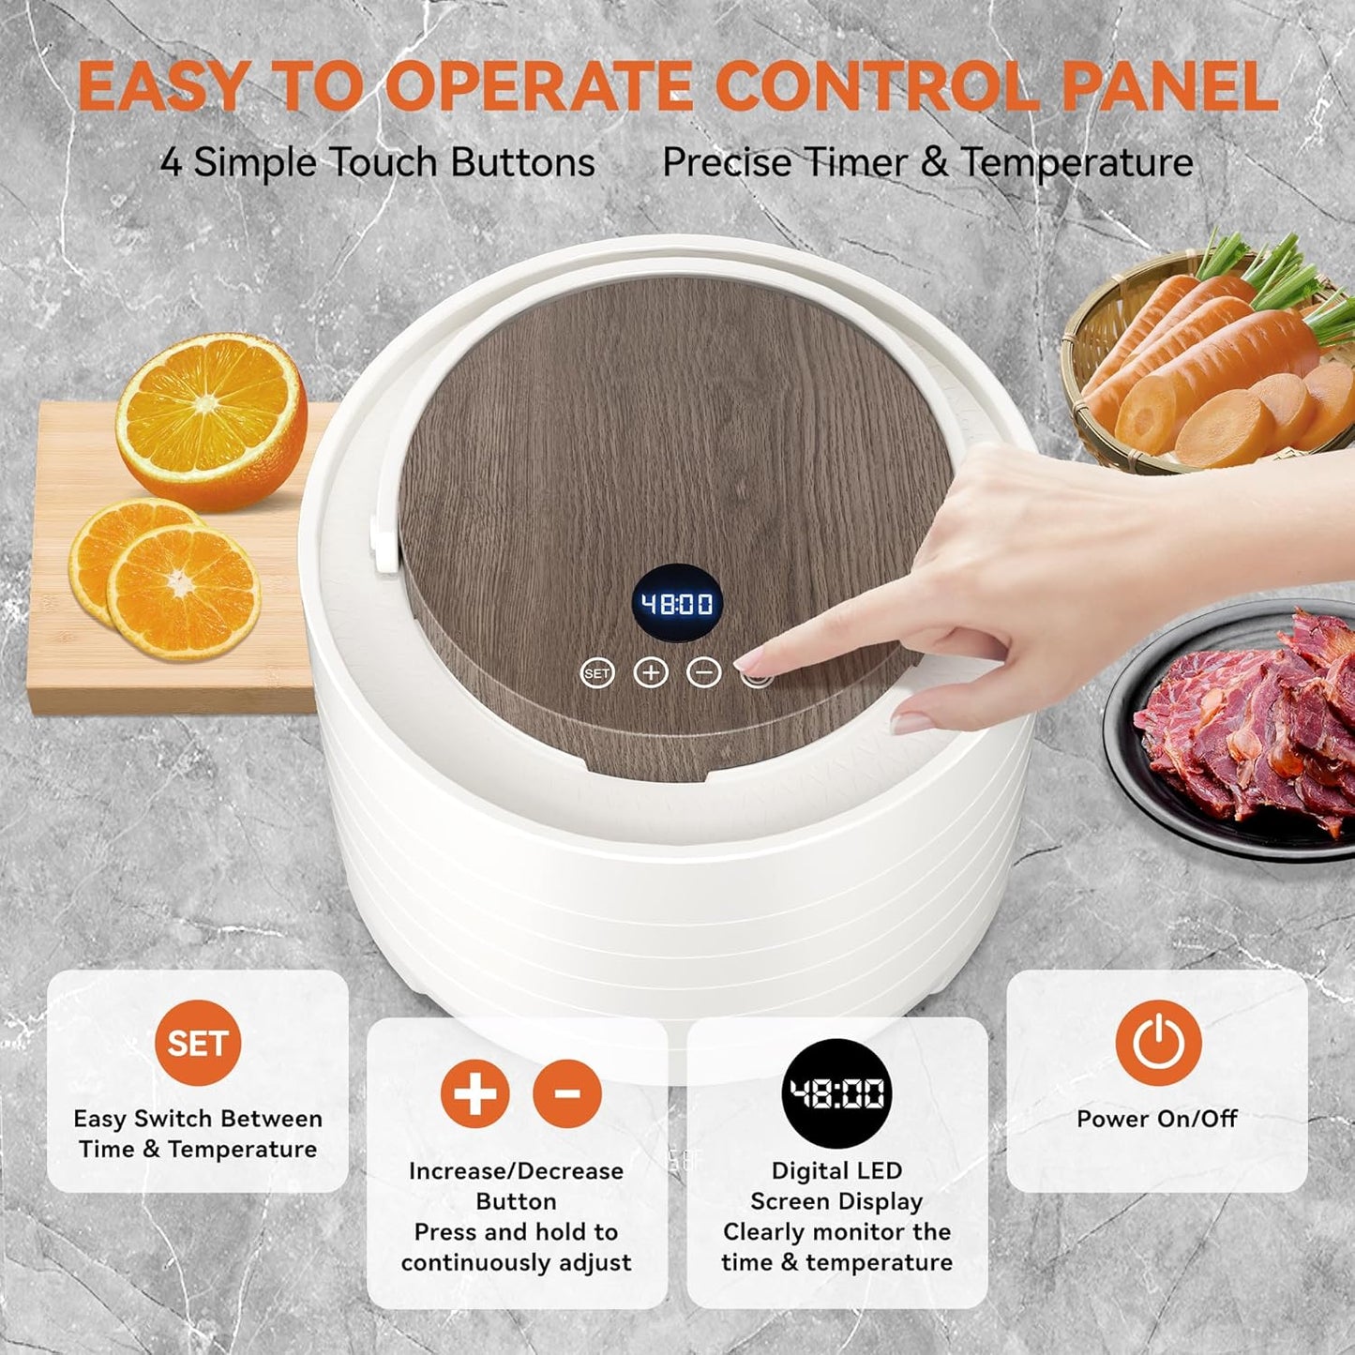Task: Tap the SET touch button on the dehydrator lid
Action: click(597, 673)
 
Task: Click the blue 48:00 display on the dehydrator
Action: click(676, 603)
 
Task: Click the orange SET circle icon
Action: click(198, 1044)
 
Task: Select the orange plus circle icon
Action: click(474, 1093)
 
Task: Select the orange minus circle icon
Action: click(566, 1093)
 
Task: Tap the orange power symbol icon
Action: click(1158, 1043)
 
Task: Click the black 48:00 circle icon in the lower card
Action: click(836, 1093)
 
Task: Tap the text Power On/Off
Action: click(1157, 1118)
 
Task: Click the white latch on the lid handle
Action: click(384, 541)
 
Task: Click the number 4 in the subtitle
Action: click(171, 163)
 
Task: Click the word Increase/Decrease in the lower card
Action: click(516, 1171)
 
